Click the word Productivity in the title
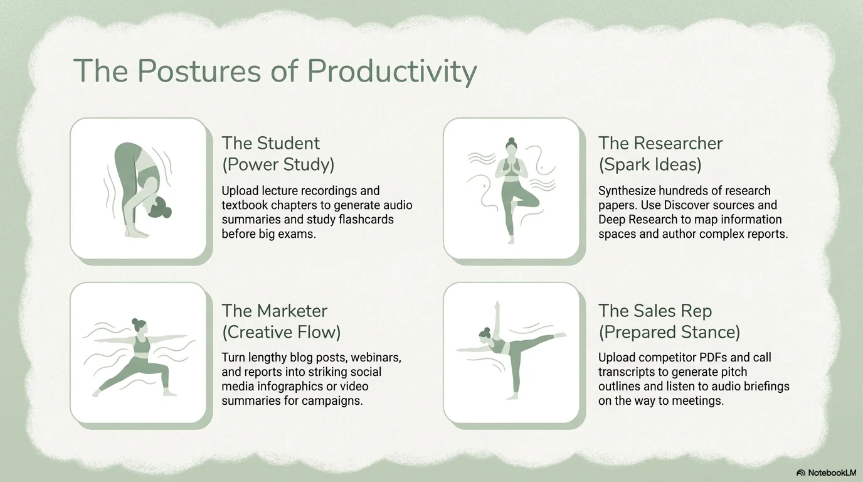coord(392,72)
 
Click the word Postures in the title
coord(199,72)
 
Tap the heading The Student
coord(270,144)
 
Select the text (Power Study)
coord(278,164)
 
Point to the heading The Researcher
coord(660,144)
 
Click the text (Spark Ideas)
coord(650,164)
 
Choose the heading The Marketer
coord(274,311)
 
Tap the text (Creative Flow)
coord(281,333)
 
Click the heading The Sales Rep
coord(655,311)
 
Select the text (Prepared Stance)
coord(669,333)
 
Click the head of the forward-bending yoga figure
coord(159,208)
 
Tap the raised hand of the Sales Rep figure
coord(497,306)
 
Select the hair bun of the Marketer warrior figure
coord(135,321)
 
